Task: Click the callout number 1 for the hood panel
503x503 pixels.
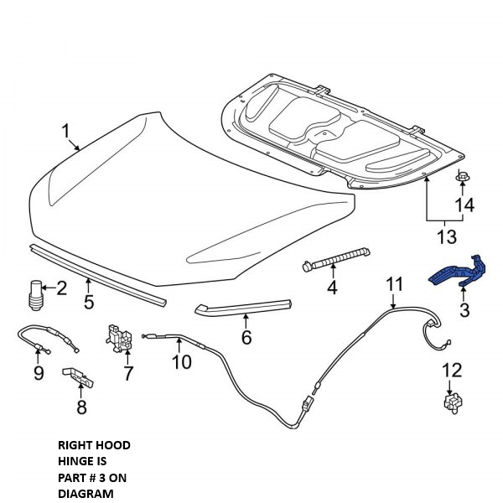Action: point(66,132)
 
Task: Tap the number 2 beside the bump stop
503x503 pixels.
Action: point(61,288)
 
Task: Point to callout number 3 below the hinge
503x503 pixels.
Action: point(464,310)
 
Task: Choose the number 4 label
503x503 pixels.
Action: point(332,288)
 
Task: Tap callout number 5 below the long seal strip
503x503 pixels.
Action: point(89,301)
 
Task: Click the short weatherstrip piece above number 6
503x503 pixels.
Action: point(243,308)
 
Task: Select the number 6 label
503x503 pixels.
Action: point(246,337)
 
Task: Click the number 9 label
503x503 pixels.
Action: point(39,373)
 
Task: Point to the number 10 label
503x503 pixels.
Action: point(182,362)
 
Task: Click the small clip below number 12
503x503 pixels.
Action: point(452,404)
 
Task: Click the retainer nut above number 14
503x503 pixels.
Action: point(463,179)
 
